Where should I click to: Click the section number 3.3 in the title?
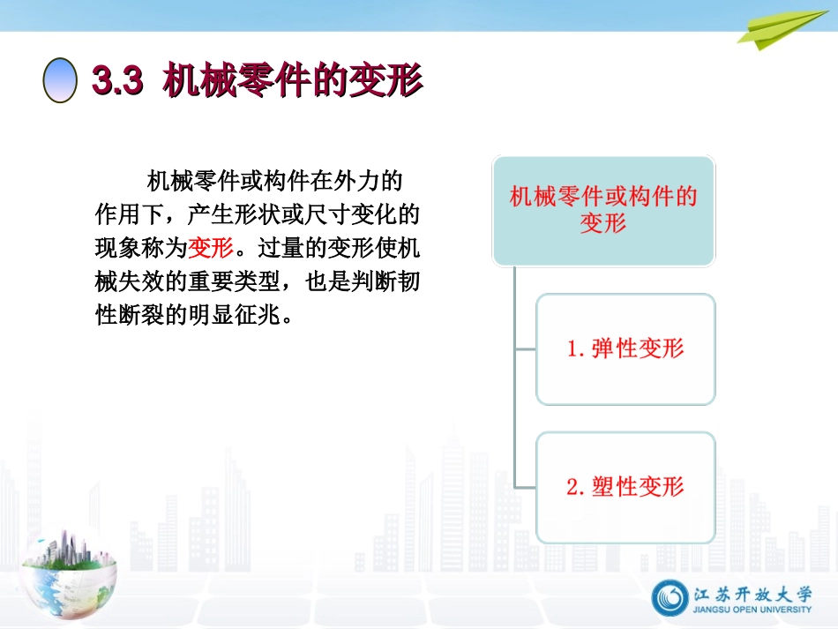(117, 81)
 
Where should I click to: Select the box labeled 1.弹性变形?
(625, 349)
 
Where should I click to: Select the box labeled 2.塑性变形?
(625, 487)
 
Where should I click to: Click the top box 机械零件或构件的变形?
(603, 210)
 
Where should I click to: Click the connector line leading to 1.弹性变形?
(526, 349)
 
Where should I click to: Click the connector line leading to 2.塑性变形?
(526, 487)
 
